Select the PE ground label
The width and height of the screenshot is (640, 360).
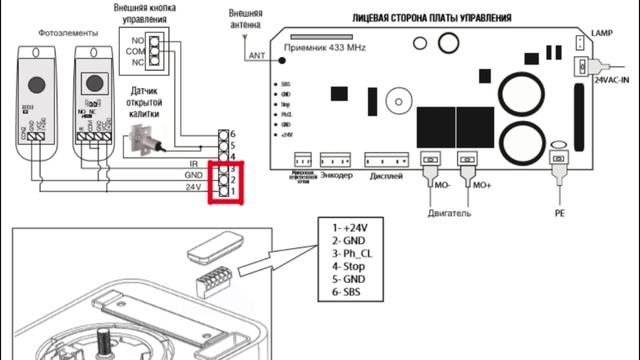pos(559,213)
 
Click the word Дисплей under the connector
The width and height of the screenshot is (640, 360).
pos(386,175)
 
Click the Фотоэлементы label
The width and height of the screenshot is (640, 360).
pos(67,33)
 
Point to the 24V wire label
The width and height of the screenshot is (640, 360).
pos(192,186)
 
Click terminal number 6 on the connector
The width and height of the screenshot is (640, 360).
pos(232,133)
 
